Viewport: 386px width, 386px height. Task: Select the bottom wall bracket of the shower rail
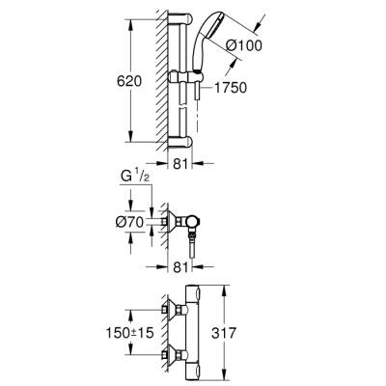click(x=183, y=137)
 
